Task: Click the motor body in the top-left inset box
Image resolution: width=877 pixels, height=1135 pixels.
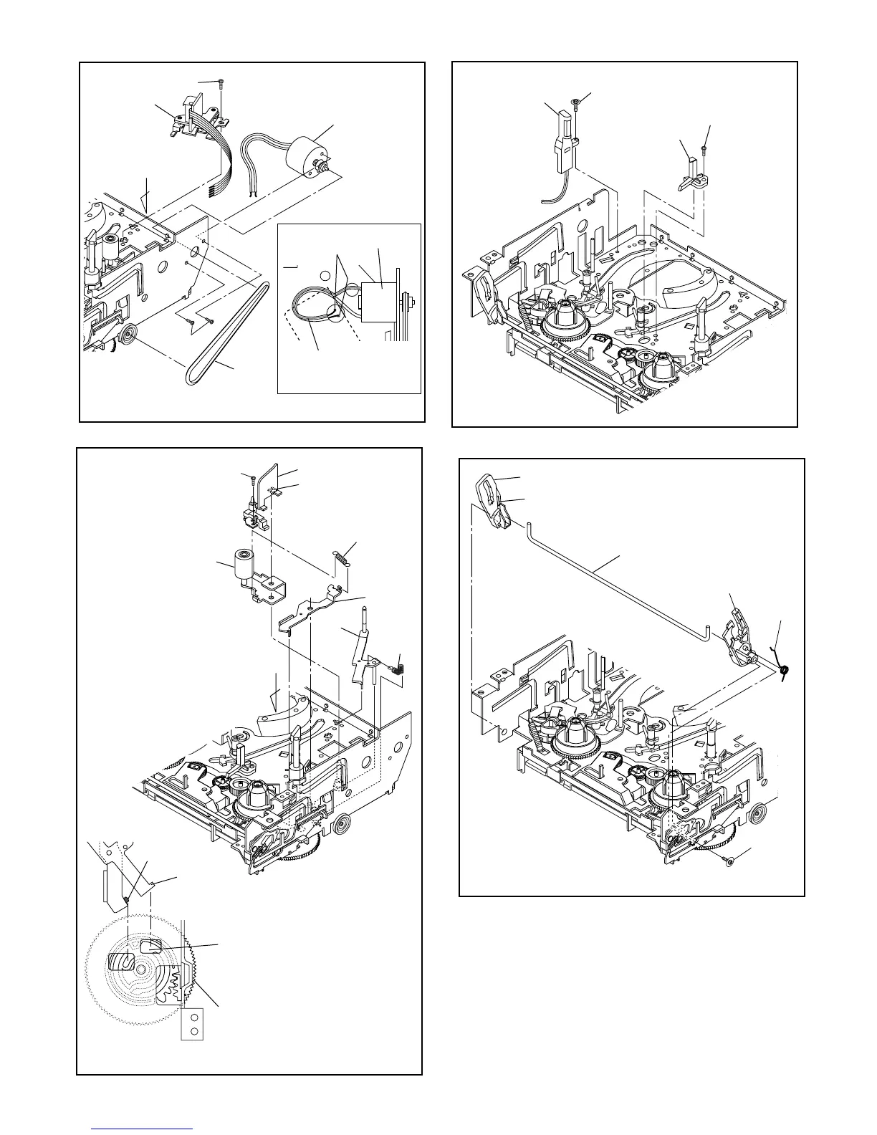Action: [378, 295]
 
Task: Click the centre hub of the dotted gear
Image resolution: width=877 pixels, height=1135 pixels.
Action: [142, 970]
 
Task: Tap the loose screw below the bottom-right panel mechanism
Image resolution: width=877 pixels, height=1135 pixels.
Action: [728, 861]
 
